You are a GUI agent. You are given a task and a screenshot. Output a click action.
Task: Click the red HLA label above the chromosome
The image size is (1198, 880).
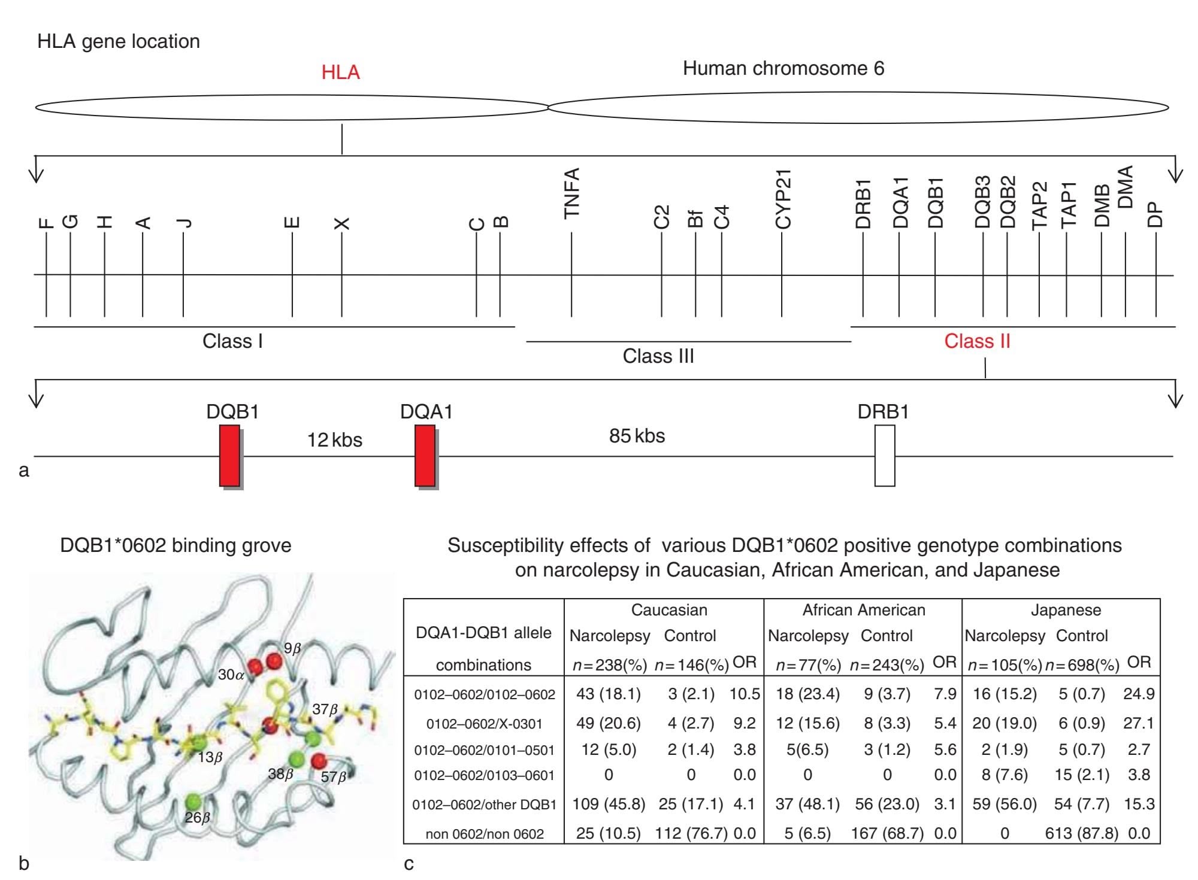[x=340, y=72]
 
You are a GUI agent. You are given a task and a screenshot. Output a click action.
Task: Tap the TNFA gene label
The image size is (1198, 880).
[x=572, y=193]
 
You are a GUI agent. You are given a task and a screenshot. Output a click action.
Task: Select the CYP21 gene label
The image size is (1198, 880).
[x=783, y=199]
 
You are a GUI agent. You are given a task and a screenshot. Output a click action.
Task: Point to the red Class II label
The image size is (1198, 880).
[x=977, y=341]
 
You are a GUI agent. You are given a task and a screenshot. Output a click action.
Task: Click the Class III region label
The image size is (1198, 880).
[x=658, y=356]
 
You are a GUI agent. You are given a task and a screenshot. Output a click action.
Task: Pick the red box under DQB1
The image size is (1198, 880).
[x=229, y=456]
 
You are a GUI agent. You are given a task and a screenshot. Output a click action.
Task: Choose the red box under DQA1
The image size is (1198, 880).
[x=425, y=456]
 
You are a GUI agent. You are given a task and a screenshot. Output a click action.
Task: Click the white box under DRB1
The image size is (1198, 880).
[x=885, y=456]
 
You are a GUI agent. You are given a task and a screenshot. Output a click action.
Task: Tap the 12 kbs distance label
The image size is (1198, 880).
[x=335, y=441]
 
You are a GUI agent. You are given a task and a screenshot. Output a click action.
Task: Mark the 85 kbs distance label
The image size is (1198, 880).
[x=637, y=436]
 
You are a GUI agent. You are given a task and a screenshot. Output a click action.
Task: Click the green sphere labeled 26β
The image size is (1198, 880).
[x=192, y=801]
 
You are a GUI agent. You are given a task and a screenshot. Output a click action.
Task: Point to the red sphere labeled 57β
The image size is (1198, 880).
[x=320, y=761]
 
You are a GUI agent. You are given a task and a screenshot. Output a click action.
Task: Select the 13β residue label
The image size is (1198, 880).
[x=210, y=757]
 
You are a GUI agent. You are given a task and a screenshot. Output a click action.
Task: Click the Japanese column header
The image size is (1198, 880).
[x=1066, y=610]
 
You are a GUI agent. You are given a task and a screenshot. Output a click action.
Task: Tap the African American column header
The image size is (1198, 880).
[x=864, y=610]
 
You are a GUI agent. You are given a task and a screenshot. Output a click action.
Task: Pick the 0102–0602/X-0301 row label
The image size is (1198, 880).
[x=484, y=724]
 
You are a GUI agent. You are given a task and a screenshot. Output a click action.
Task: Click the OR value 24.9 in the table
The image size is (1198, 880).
[x=1139, y=694]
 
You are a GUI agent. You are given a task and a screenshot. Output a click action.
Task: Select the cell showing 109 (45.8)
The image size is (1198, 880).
[x=609, y=804]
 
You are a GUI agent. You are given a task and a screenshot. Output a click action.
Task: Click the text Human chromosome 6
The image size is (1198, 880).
[x=783, y=68]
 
